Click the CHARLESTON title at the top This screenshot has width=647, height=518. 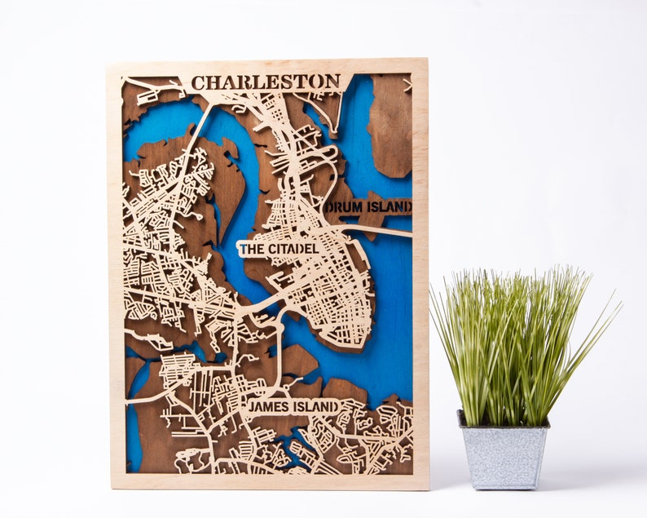pyautogui.click(x=266, y=82)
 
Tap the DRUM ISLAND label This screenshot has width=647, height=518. pyautogui.click(x=368, y=207)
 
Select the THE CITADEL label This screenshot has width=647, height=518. pyautogui.click(x=278, y=248)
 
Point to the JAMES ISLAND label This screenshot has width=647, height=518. pyautogui.click(x=293, y=406)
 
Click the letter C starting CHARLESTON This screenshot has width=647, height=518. pyautogui.click(x=198, y=82)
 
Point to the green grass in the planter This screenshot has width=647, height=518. pyautogui.click(x=513, y=343)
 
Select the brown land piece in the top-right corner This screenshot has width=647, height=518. pyautogui.click(x=391, y=122)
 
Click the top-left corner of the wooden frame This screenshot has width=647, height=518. pyautogui.click(x=110, y=63)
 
